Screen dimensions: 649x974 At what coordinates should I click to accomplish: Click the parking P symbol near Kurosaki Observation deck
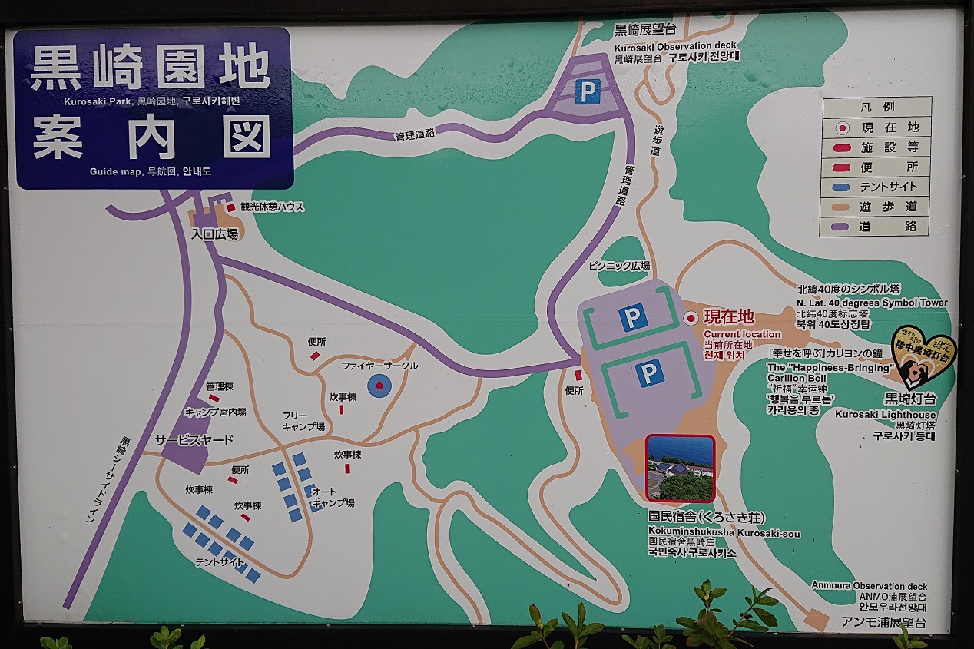(x=588, y=92)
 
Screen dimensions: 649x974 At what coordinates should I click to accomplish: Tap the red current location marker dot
(x=691, y=317)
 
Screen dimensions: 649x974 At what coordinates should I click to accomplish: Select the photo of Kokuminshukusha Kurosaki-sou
(x=680, y=468)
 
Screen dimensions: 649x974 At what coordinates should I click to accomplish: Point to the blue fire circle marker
(x=379, y=386)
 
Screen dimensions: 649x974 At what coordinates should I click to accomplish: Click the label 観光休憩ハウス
(x=273, y=207)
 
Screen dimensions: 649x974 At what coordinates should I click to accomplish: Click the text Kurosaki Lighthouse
(x=885, y=415)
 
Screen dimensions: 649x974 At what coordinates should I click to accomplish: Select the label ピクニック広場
(x=619, y=266)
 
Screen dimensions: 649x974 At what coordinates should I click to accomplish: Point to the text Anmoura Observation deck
(x=870, y=586)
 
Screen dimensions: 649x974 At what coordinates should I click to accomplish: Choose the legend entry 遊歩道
(x=889, y=207)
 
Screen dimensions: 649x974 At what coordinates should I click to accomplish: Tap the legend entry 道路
(x=889, y=227)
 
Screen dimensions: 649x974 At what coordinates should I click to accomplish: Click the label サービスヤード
(x=194, y=441)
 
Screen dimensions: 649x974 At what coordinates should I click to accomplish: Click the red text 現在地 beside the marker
(x=729, y=316)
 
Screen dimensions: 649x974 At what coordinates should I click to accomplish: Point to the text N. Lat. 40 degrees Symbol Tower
(x=871, y=303)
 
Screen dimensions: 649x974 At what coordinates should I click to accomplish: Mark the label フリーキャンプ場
(x=303, y=421)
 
